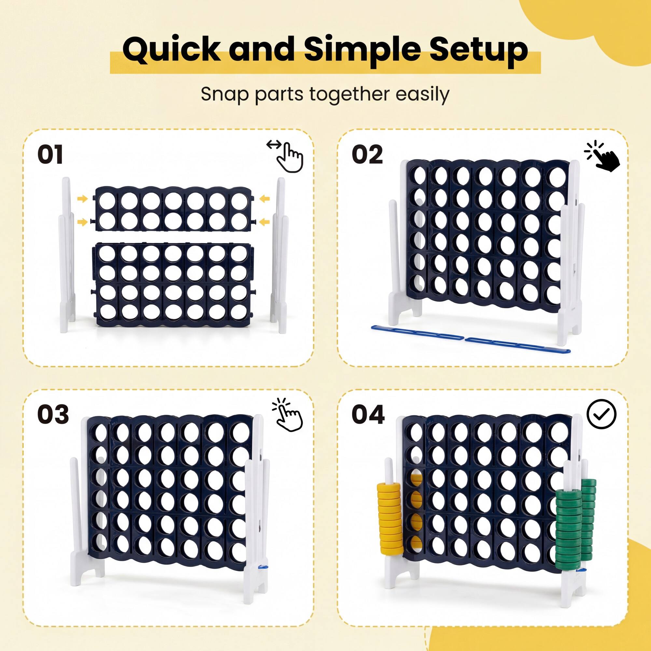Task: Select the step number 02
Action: pyautogui.click(x=367, y=155)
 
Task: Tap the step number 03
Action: pyautogui.click(x=53, y=414)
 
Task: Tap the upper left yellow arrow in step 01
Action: pyautogui.click(x=82, y=199)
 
